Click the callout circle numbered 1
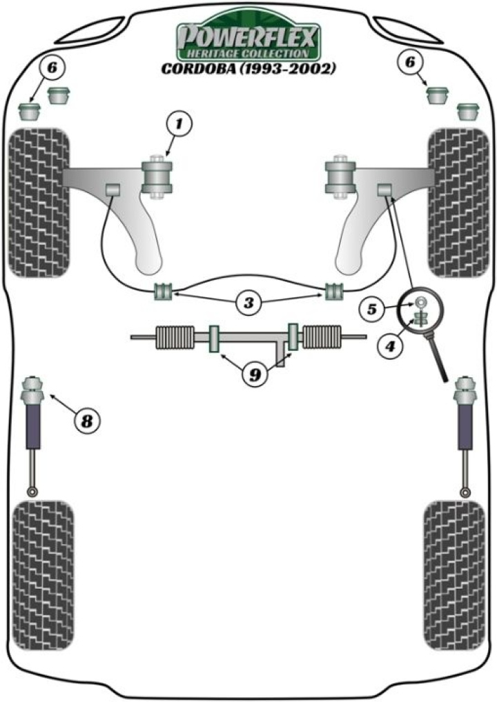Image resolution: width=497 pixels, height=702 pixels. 179,125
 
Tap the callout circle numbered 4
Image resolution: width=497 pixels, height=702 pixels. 389,346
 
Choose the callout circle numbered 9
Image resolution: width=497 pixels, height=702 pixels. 255,374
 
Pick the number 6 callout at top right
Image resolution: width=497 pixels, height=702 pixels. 411,63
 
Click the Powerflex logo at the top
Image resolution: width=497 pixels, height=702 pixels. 248,41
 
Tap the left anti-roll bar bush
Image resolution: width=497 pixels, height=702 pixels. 164,292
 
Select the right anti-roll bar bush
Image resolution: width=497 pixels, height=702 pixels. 335,292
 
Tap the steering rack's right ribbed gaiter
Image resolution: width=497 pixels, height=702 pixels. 323,337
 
